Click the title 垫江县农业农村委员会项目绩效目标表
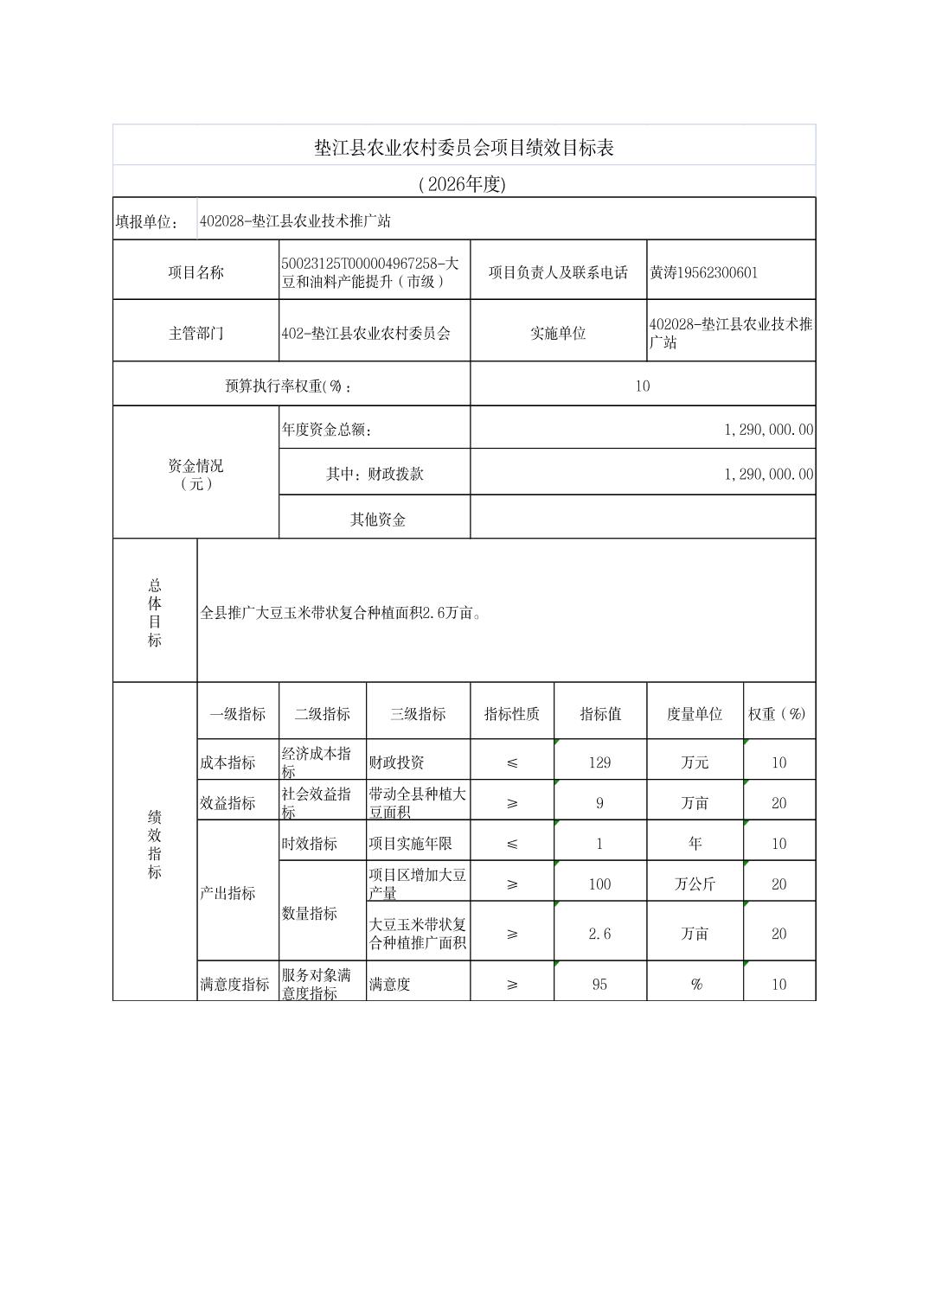pyautogui.click(x=464, y=148)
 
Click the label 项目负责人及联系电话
pyautogui.click(x=558, y=272)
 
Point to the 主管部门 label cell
pyautogui.click(x=195, y=333)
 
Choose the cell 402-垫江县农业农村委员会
pyautogui.click(x=366, y=333)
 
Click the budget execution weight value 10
pyautogui.click(x=642, y=386)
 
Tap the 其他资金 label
pyautogui.click(x=377, y=520)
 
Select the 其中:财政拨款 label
pyautogui.click(x=375, y=474)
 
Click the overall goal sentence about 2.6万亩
pyautogui.click(x=341, y=613)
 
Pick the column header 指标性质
pyautogui.click(x=511, y=714)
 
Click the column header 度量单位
pyautogui.click(x=694, y=714)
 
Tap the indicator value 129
pyautogui.click(x=599, y=762)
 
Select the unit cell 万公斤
pyautogui.click(x=694, y=884)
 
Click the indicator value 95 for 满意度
pyautogui.click(x=599, y=984)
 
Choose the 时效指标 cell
pyautogui.click(x=309, y=843)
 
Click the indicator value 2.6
pyautogui.click(x=599, y=934)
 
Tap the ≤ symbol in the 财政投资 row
pyautogui.click(x=511, y=762)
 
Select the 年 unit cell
pyautogui.click(x=694, y=843)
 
